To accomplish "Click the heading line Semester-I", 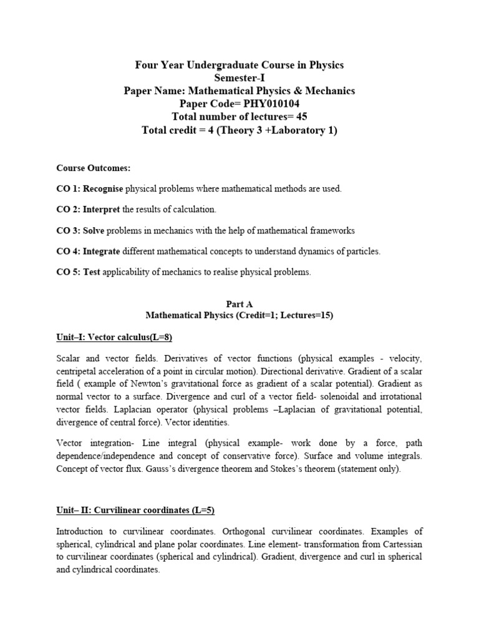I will coord(239,78).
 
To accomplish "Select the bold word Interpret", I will coord(102,210).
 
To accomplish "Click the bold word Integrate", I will coord(104,251).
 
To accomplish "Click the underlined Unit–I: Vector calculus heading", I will coord(114,337).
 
